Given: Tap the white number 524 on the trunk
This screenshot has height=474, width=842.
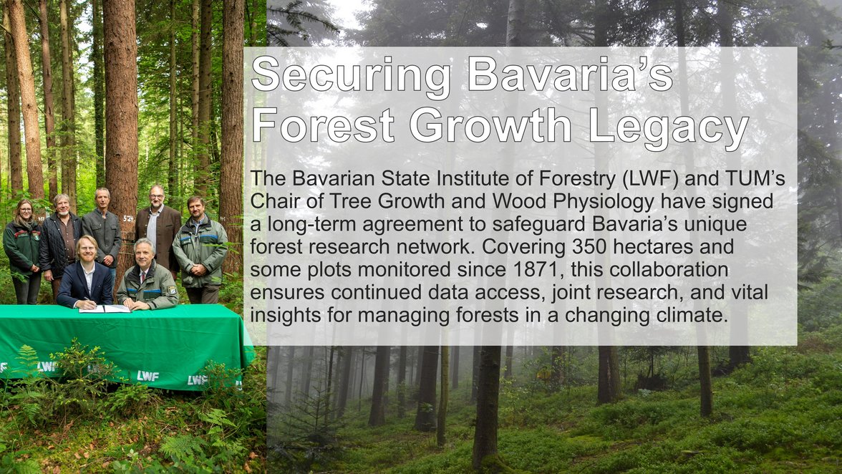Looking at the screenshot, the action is click(x=128, y=218).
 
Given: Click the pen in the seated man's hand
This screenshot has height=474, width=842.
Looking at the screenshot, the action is click(x=88, y=301).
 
